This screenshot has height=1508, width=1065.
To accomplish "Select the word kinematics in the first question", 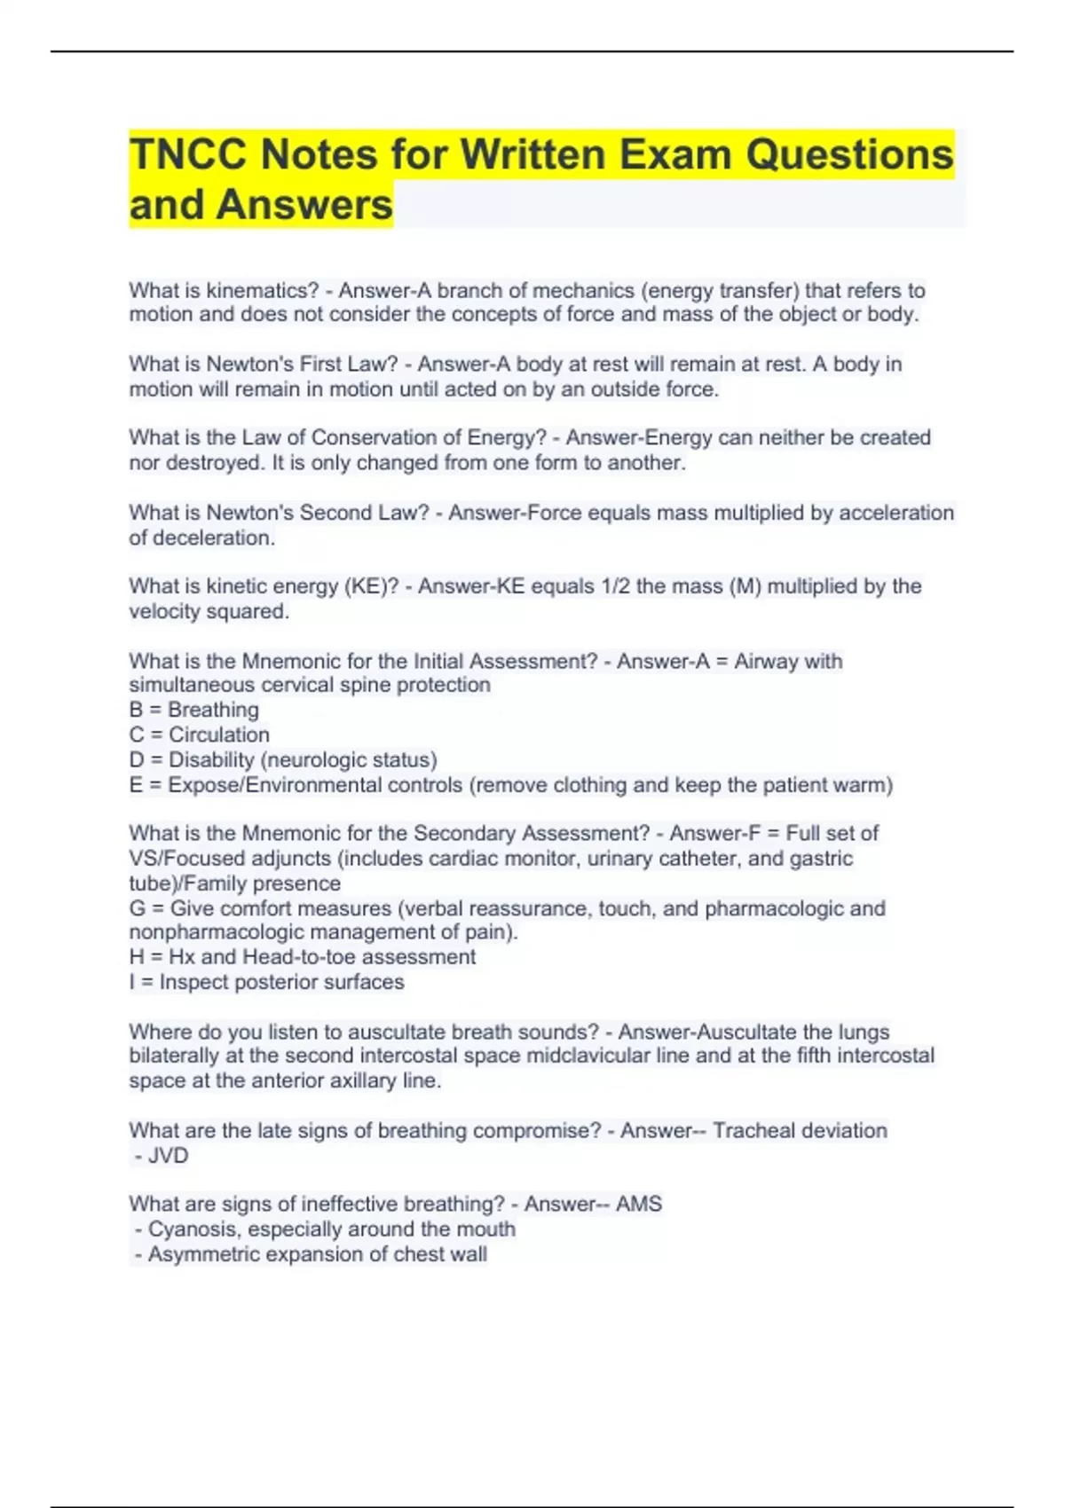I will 262,291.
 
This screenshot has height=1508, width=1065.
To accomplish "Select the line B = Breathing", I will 194,710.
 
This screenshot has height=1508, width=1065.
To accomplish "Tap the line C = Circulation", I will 200,735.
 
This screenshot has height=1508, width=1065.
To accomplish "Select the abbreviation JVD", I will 168,1156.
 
